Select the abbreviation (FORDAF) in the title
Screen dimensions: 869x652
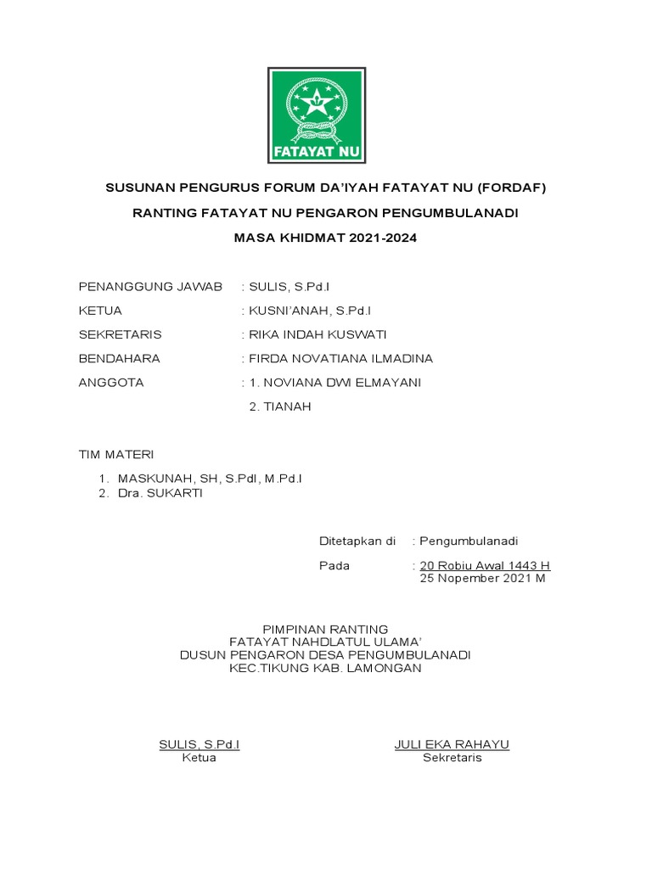coord(512,188)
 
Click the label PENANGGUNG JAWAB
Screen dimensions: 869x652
coord(150,287)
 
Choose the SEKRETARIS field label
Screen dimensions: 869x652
coord(120,334)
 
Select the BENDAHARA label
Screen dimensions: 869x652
coord(119,358)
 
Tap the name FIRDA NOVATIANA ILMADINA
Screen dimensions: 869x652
coord(340,358)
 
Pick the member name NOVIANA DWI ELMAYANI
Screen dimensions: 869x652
coord(344,383)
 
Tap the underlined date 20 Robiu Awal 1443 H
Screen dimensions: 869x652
coord(485,566)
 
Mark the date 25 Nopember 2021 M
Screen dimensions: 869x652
coord(483,579)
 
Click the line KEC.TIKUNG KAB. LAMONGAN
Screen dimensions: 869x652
coord(325,669)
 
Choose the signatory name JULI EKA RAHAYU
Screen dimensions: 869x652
coord(452,745)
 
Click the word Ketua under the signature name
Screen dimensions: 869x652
coord(199,758)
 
